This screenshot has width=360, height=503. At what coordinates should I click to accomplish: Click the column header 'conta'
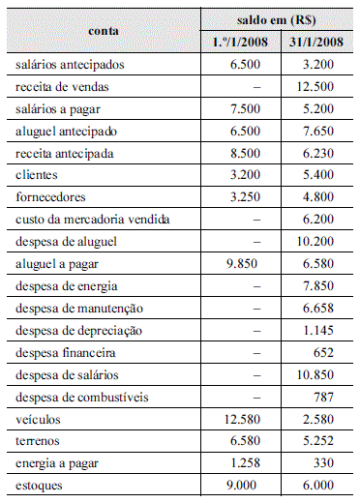point(104,31)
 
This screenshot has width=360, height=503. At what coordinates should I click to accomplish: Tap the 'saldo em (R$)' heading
point(280,19)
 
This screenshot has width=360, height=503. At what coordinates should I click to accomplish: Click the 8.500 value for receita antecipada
point(246,154)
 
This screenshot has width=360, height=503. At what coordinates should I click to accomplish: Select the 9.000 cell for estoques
point(246,484)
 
